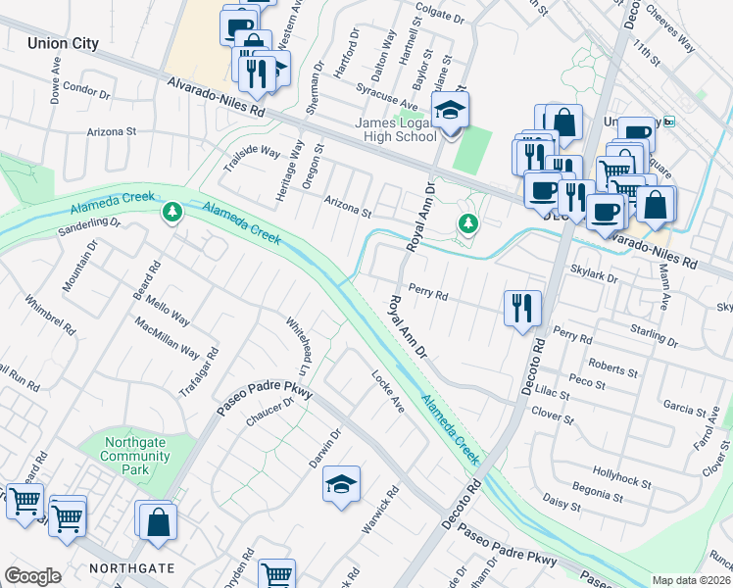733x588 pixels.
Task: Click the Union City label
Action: (63, 43)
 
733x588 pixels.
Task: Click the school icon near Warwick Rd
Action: (341, 484)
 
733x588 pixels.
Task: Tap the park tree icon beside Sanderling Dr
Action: (172, 211)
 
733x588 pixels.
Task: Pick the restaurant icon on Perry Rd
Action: (522, 307)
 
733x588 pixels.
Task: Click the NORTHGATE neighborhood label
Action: (132, 568)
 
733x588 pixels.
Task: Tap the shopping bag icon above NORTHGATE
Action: (158, 521)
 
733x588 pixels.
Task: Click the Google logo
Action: (32, 576)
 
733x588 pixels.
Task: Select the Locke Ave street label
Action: (388, 390)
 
